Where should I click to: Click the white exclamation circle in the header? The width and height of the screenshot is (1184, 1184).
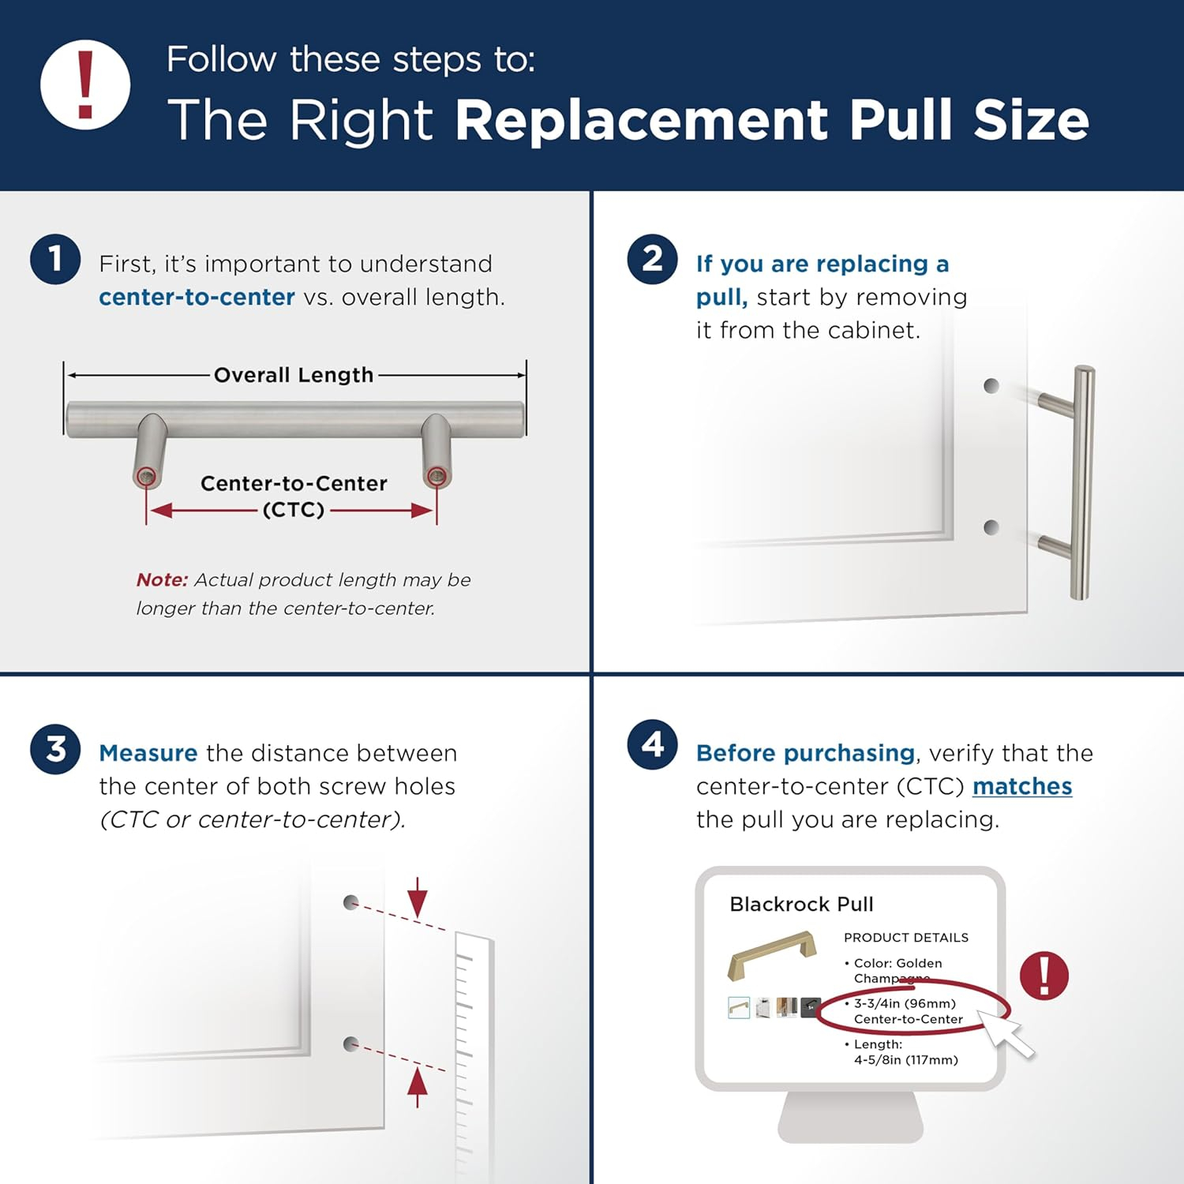point(85,85)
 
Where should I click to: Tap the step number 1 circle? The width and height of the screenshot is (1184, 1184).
point(55,259)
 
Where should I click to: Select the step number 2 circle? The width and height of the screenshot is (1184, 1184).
point(652,259)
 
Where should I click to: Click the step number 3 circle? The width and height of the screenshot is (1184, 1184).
point(55,749)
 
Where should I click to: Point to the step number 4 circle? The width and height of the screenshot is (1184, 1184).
point(652,744)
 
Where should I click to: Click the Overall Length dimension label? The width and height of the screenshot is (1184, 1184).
point(294,375)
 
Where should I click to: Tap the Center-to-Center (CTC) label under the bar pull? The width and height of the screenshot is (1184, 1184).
point(294,496)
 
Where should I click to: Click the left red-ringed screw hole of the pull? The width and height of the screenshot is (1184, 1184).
point(146,476)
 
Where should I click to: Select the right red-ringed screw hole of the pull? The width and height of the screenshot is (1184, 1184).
point(436,476)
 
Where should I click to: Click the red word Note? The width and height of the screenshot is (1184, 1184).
point(162,580)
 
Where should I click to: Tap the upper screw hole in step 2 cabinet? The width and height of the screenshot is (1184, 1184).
point(991,386)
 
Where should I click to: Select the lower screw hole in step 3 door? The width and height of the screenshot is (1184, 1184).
point(351,1043)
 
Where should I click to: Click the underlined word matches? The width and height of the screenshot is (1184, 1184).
point(1021,786)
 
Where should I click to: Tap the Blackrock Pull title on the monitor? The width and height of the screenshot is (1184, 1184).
point(801,905)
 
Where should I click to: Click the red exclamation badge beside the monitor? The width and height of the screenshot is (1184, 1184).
point(1043,976)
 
